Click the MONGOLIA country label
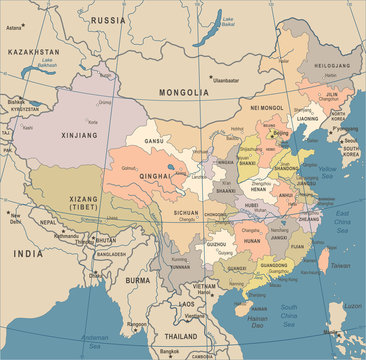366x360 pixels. pos(183,93)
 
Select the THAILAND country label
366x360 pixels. pos(180,337)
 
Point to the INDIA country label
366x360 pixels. pos(27,254)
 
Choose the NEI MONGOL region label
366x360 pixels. pos(267,107)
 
